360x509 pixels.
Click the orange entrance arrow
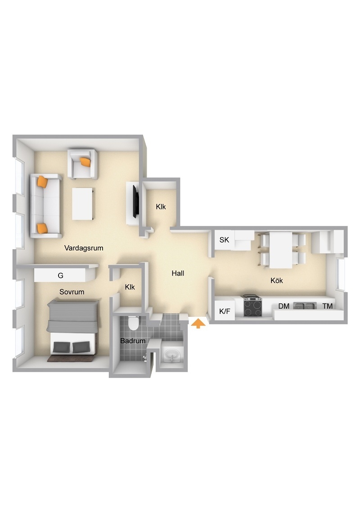click(x=198, y=323)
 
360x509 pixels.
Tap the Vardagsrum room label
click(x=84, y=248)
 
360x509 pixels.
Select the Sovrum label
click(x=72, y=292)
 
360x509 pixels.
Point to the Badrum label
click(x=133, y=341)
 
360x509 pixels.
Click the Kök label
click(x=277, y=280)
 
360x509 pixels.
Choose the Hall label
click(x=178, y=273)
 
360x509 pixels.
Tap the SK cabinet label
click(x=224, y=240)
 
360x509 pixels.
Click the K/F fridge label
click(x=225, y=311)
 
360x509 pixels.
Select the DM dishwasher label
click(x=283, y=306)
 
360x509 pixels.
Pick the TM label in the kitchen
click(x=327, y=306)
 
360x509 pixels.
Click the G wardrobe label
click(x=60, y=275)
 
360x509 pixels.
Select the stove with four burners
click(x=253, y=306)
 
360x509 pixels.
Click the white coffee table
click(x=83, y=204)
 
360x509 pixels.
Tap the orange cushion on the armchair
click(x=85, y=162)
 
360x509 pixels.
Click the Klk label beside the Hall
click(x=130, y=287)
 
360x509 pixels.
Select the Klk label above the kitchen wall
click(x=161, y=207)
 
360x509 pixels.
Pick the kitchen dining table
click(x=281, y=250)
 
